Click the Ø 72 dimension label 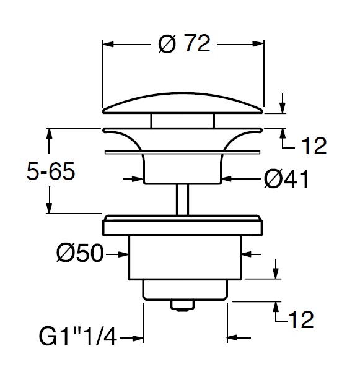click(x=184, y=44)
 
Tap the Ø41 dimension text click(x=286, y=179)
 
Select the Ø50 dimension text click(x=79, y=253)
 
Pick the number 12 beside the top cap click(x=314, y=146)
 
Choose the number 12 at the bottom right click(x=301, y=320)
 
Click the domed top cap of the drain click(x=183, y=103)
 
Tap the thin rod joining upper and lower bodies click(x=183, y=199)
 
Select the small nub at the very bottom click(x=183, y=305)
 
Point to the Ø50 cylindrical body click(x=183, y=256)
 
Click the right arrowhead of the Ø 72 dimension click(x=260, y=45)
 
